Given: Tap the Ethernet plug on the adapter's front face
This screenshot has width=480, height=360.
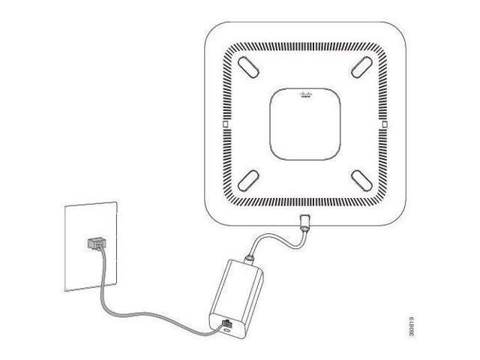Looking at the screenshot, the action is pos(227,323).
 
